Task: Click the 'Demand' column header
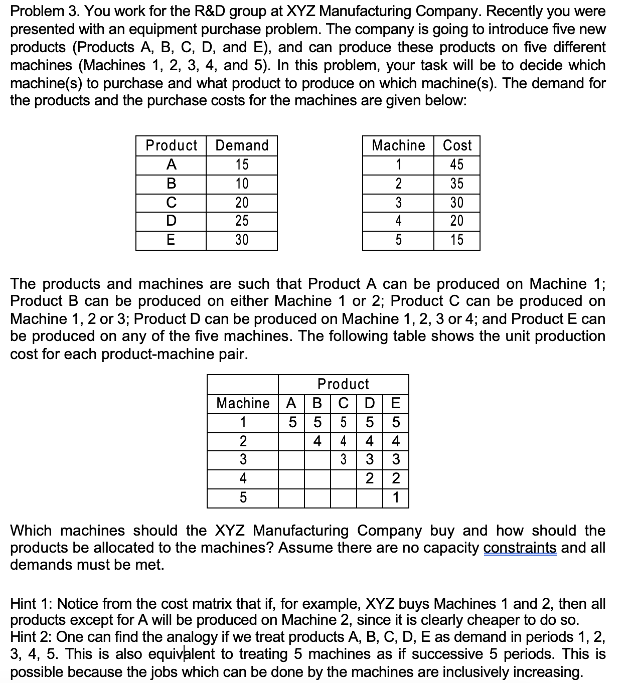point(242,145)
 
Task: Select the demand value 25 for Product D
point(242,221)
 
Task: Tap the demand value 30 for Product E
point(242,240)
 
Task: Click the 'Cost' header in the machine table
point(457,145)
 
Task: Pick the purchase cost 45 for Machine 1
point(456,164)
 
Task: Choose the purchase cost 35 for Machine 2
point(456,184)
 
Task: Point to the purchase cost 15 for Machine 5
point(456,240)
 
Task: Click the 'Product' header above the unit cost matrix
point(344,384)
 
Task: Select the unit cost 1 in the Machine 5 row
point(396,498)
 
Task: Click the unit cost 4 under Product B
point(318,441)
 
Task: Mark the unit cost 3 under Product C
point(344,460)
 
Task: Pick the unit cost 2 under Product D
point(370,478)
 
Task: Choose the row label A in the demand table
point(171,164)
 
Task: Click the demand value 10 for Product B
point(242,184)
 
